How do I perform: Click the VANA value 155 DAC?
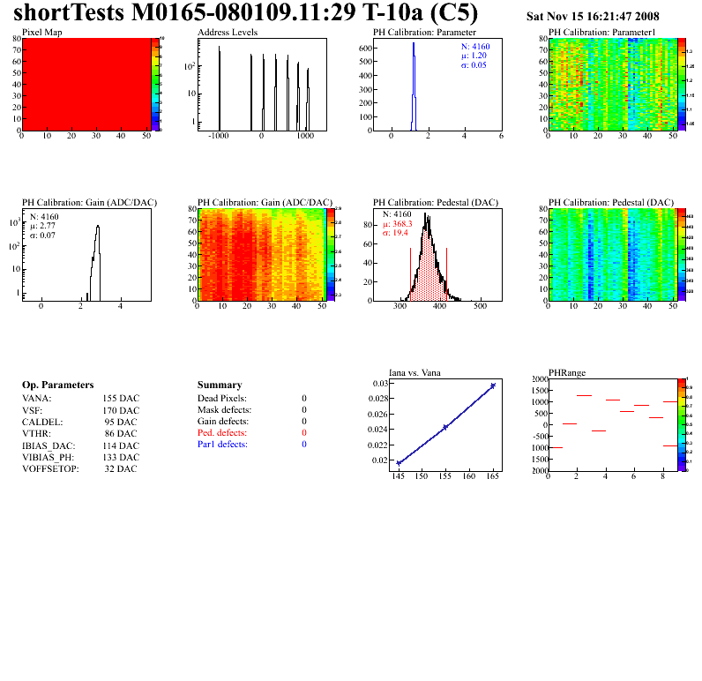(121, 399)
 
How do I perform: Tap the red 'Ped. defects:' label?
(222, 433)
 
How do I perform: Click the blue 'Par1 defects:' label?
(222, 445)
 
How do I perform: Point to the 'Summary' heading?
(219, 385)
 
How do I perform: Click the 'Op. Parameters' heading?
(57, 385)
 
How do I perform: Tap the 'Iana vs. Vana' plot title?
(414, 372)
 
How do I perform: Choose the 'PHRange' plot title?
(566, 372)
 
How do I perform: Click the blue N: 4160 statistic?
(475, 45)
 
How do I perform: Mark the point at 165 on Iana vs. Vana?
(493, 385)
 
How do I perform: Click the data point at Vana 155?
(445, 427)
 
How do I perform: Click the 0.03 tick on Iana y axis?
(379, 384)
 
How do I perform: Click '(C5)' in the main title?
(456, 13)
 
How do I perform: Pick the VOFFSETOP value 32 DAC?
(121, 468)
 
